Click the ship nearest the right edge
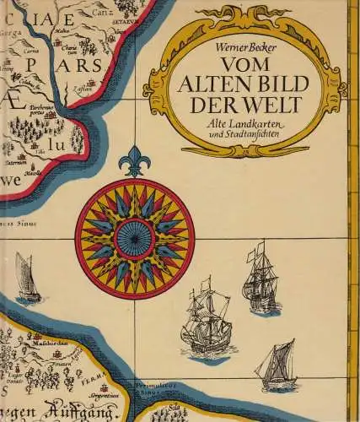258,279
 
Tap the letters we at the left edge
12,181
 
